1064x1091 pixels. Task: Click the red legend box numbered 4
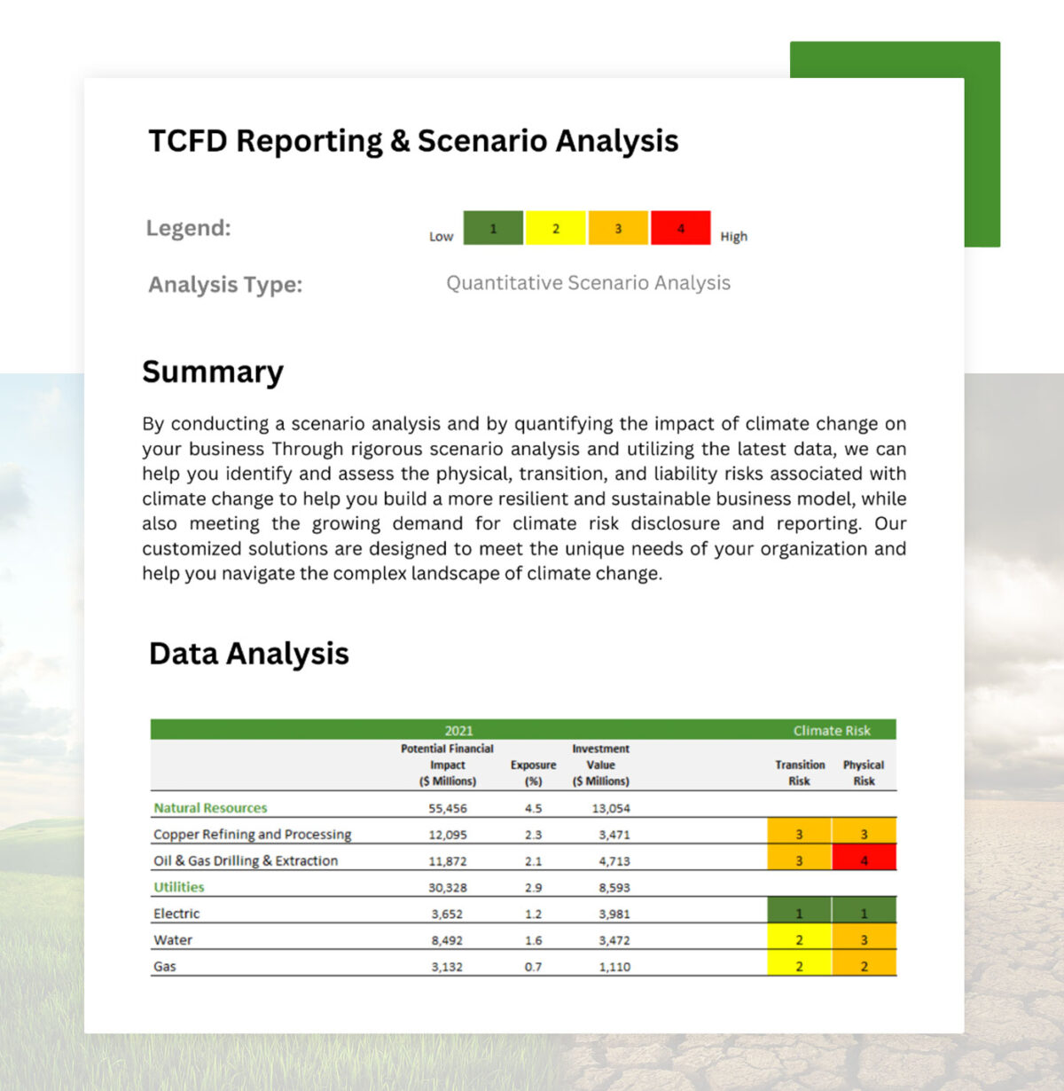680,228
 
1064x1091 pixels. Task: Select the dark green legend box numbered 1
493,228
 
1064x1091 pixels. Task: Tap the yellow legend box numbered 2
555,228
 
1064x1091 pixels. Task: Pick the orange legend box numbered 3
618,228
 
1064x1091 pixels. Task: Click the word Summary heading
213,372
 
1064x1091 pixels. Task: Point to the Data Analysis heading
249,654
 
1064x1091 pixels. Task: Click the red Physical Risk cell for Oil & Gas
864,860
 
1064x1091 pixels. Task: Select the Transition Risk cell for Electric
799,913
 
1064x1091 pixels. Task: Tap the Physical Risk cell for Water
864,939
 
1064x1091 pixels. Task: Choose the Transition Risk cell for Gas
799,966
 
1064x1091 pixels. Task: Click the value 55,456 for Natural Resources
448,808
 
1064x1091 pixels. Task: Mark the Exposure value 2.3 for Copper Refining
533,835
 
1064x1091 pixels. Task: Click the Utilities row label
179,887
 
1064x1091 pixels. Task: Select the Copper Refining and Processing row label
253,835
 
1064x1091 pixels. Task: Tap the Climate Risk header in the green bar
832,731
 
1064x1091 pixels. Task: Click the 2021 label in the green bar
458,731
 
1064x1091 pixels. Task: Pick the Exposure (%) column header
533,773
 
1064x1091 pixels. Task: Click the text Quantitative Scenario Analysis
588,283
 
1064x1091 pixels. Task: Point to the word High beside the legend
733,237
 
